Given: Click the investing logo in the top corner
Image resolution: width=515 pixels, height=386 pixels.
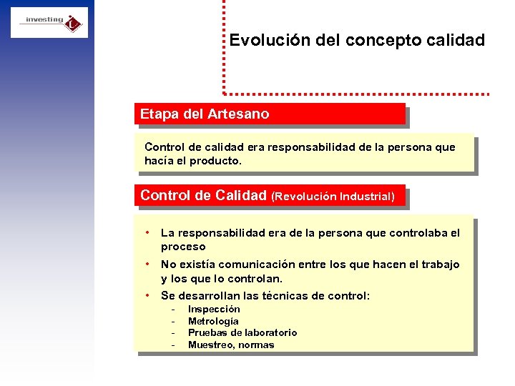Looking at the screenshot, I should [49, 22].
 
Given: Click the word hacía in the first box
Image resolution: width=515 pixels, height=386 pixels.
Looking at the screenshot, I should [158, 161].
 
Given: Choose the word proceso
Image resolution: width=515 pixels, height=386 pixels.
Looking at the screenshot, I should [183, 247].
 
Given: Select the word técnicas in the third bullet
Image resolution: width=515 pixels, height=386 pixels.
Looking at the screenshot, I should [279, 296].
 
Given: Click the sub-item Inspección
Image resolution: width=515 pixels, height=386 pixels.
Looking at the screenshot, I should [214, 310].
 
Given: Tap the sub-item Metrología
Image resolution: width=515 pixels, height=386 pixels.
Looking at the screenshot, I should [213, 321].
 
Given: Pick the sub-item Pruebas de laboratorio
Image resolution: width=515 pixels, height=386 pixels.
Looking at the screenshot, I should [242, 333].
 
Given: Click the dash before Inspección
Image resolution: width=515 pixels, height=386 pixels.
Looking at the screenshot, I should [173, 310].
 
